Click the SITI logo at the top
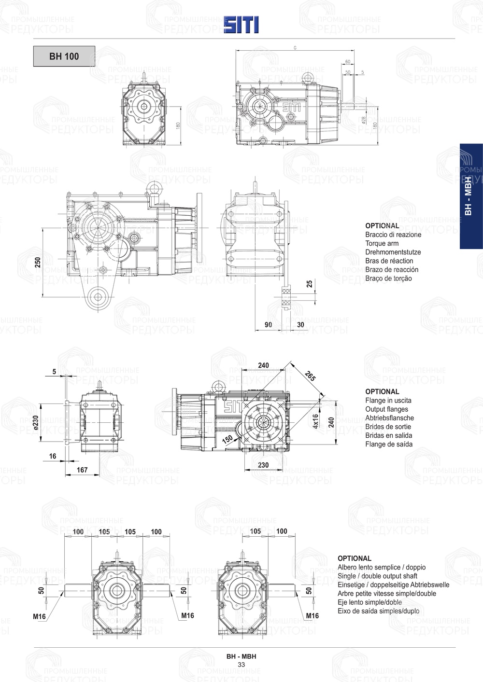pyautogui.click(x=241, y=25)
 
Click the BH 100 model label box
pyautogui.click(x=64, y=56)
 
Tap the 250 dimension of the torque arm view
pyautogui.click(x=38, y=262)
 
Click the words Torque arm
pyautogui.click(x=382, y=243)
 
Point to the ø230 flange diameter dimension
pyautogui.click(x=36, y=422)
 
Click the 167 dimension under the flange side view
pyautogui.click(x=82, y=470)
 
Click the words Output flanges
pyautogui.click(x=386, y=409)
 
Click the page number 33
pyautogui.click(x=241, y=665)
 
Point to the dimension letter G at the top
pyautogui.click(x=295, y=48)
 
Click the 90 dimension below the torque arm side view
pyautogui.click(x=269, y=325)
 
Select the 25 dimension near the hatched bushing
pyautogui.click(x=310, y=284)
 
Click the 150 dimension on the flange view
pyautogui.click(x=227, y=439)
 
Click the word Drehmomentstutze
pyautogui.click(x=393, y=252)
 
